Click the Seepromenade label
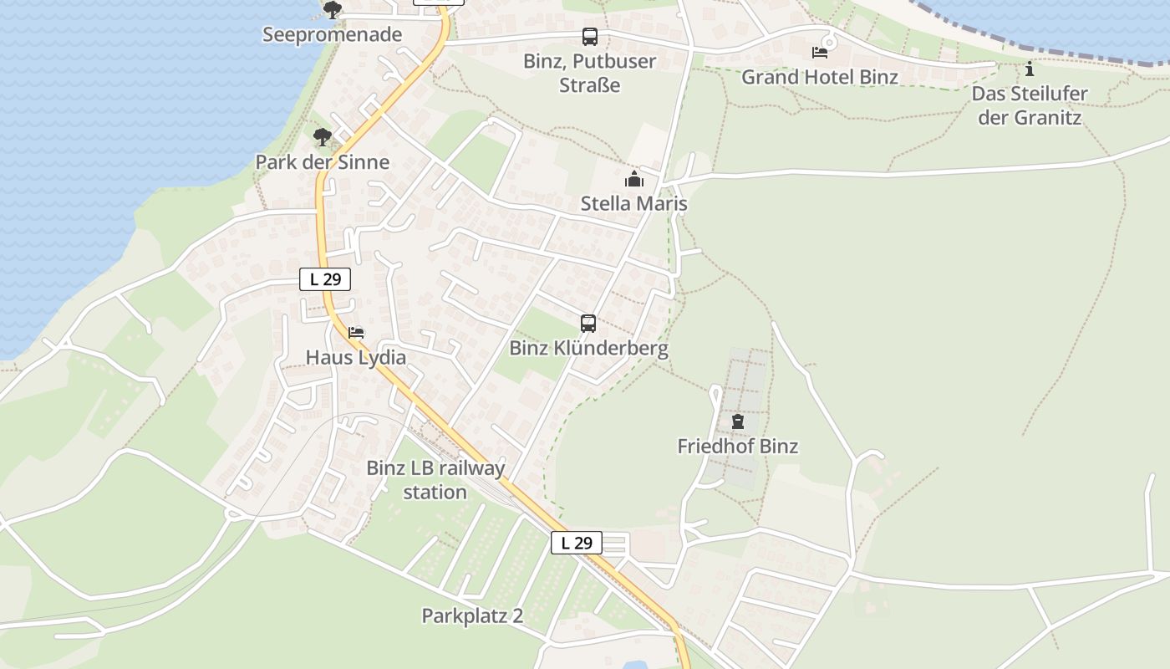tap(332, 34)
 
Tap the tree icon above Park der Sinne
tap(322, 138)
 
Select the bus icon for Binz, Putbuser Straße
tap(590, 37)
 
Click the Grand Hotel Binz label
tap(820, 77)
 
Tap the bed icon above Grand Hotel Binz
tap(820, 53)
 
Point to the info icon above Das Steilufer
tap(1030, 69)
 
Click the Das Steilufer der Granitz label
tap(1030, 105)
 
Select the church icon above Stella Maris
tap(633, 179)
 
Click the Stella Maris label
tap(633, 203)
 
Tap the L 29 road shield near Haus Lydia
tap(325, 279)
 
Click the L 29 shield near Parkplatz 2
tap(576, 543)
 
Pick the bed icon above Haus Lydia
tap(356, 333)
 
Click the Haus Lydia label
tap(356, 357)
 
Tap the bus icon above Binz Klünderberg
tap(588, 324)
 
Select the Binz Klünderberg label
tap(588, 348)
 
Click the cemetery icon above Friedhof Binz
tap(737, 421)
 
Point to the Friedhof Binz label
tap(737, 446)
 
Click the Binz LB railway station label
tap(435, 479)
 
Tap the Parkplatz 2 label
tap(472, 615)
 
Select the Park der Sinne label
tap(322, 161)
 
